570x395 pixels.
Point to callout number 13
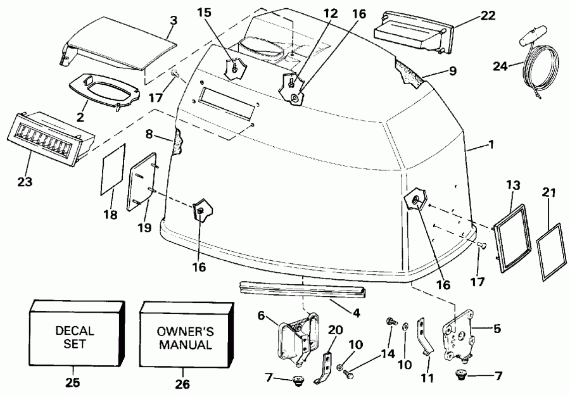(x=513, y=184)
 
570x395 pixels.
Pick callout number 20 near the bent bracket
(x=335, y=330)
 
